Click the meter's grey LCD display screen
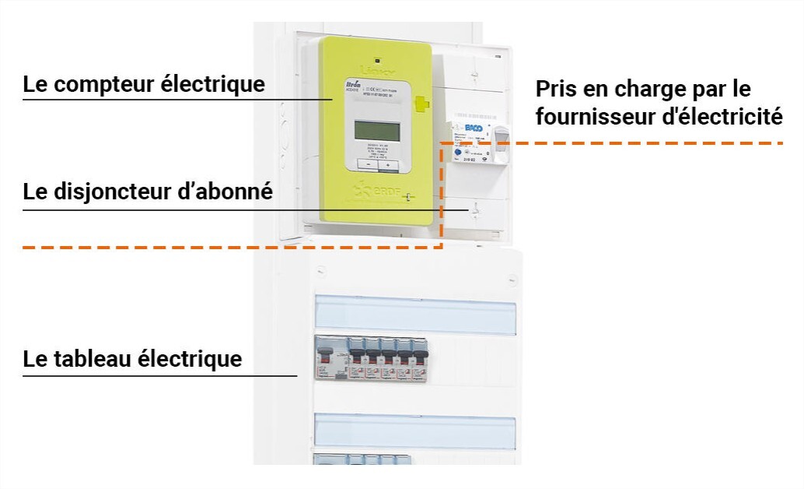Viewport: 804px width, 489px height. (376, 130)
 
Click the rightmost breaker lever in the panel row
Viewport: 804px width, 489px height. (420, 357)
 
